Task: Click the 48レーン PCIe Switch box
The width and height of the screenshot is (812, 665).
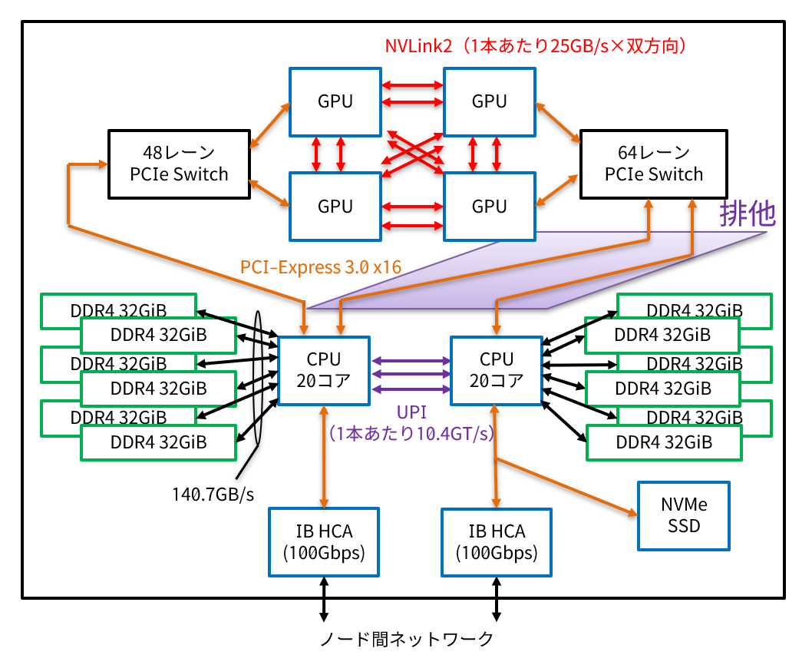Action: (x=180, y=164)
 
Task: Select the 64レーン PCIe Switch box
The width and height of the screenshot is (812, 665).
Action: (x=653, y=164)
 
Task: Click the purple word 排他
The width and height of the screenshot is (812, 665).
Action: (x=747, y=213)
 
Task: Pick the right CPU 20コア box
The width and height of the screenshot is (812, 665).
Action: (x=497, y=370)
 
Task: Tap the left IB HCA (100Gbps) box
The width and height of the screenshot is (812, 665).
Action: (x=323, y=541)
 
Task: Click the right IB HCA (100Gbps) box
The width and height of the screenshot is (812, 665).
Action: (x=497, y=541)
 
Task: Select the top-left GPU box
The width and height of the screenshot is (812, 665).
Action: (x=335, y=101)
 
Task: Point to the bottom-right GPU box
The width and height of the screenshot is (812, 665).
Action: (x=489, y=206)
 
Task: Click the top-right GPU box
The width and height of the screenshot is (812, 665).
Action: (x=489, y=101)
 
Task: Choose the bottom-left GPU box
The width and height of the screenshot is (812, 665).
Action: (x=335, y=206)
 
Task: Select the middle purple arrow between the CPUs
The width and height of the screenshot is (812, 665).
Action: (x=410, y=375)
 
